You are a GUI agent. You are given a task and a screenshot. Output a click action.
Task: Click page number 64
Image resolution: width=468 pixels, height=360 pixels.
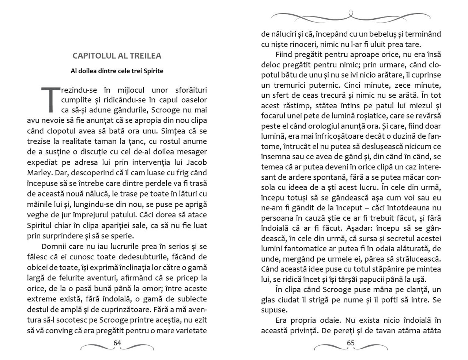pyautogui.click(x=117, y=343)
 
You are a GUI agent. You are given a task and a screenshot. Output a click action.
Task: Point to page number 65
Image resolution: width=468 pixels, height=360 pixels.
pyautogui.click(x=351, y=343)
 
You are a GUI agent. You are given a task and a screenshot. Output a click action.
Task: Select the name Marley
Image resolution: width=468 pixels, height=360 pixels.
pyautogui.click(x=39, y=173)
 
